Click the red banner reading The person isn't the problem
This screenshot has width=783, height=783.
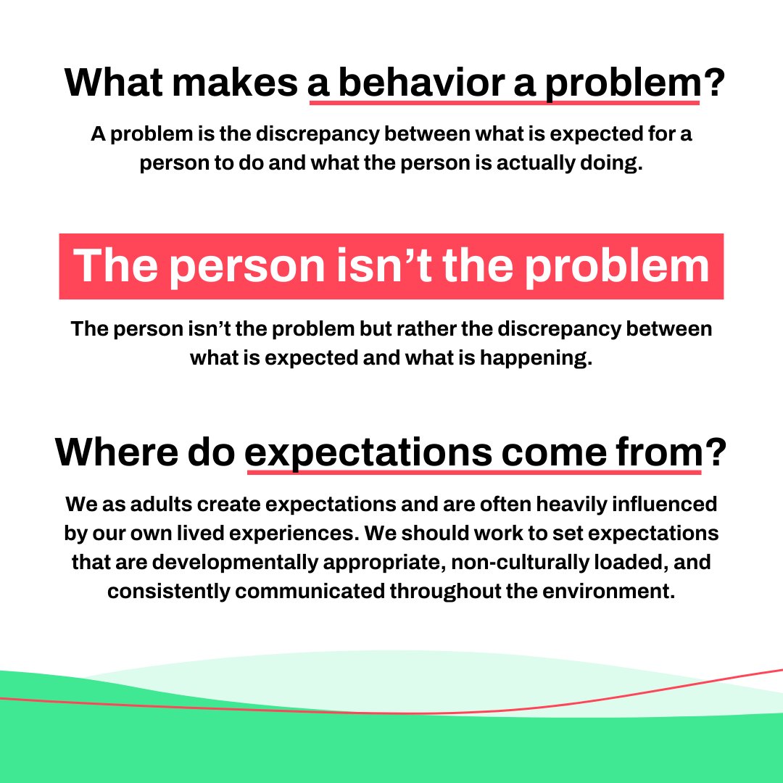tap(391, 266)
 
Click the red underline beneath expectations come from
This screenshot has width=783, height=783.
tap(474, 473)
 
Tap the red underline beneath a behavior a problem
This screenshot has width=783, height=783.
tap(504, 104)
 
